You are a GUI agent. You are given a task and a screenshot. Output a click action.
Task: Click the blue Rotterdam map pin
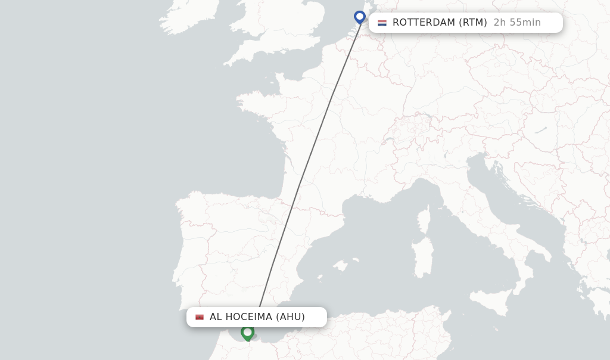(359, 17)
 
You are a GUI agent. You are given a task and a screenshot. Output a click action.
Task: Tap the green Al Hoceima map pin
(247, 332)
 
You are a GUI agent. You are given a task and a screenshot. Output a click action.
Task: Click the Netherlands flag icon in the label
(382, 23)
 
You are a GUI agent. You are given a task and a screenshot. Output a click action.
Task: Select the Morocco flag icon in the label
(200, 317)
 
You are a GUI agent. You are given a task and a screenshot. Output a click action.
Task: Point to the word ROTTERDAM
(424, 23)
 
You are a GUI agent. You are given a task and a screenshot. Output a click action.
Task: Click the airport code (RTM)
(472, 23)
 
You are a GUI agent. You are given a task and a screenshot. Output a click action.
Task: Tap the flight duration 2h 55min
(517, 23)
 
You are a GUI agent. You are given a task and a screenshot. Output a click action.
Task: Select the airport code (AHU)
(290, 317)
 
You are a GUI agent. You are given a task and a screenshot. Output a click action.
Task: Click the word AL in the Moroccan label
(216, 317)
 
